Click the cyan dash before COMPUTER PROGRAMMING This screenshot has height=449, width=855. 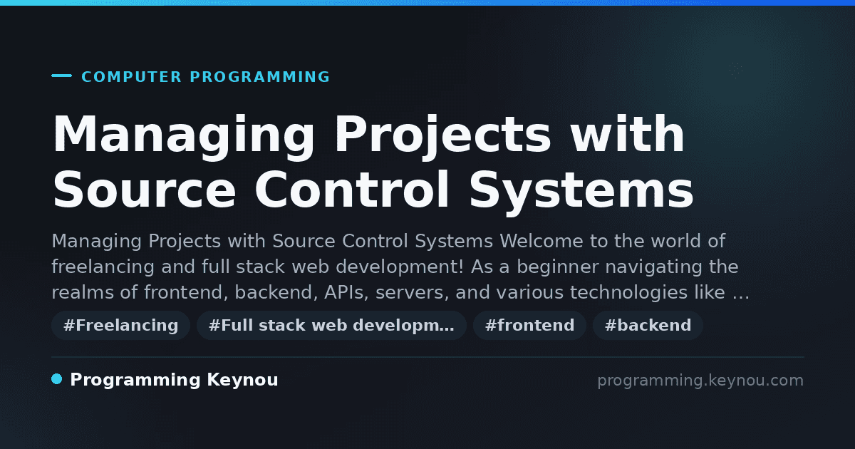pos(61,76)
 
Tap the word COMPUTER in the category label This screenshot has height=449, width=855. pos(131,77)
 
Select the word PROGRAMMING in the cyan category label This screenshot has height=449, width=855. pos(259,77)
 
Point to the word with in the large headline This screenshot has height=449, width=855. pos(628,134)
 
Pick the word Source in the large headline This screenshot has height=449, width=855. pos(144,190)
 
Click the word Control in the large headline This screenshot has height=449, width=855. pos(351,189)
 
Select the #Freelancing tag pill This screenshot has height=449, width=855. pos(120,325)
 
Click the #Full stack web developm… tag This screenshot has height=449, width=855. pos(331,325)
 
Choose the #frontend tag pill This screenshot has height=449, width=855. pos(529,325)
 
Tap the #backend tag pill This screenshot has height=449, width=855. pos(648,325)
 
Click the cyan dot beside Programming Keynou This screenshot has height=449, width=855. pos(56,379)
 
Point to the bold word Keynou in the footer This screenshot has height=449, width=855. pos(242,381)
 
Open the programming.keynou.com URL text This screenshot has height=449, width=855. pos(700,381)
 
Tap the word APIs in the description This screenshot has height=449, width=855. pos(346,292)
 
